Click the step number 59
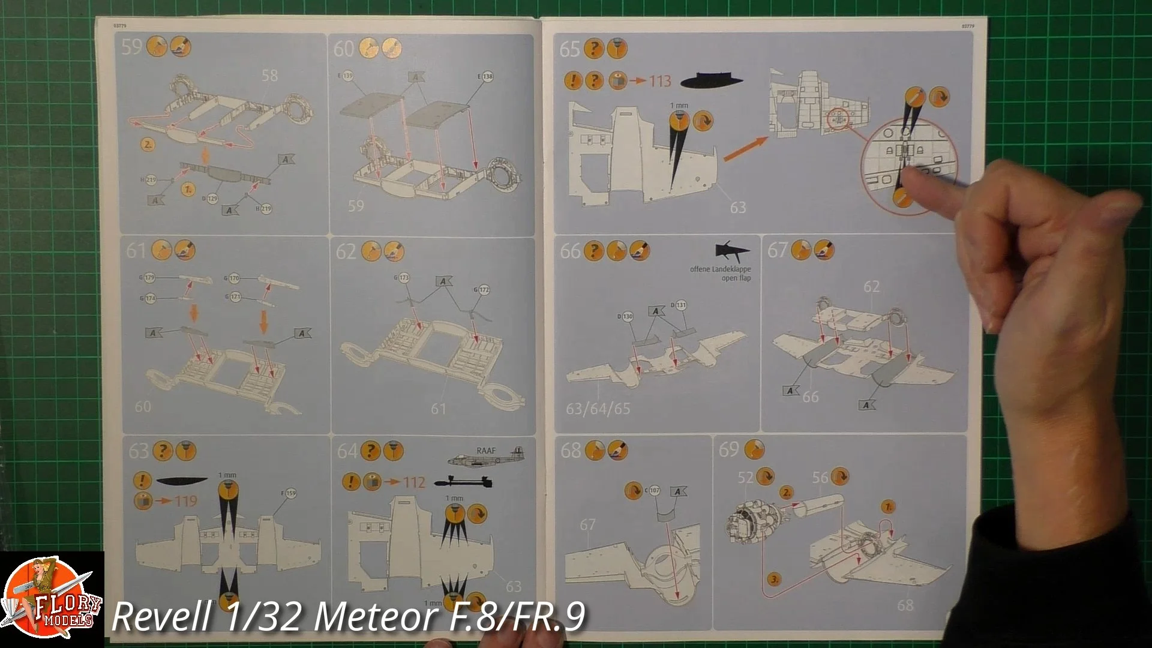click(x=131, y=47)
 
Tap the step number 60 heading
click(x=344, y=49)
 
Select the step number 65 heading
click(x=569, y=49)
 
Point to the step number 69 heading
click(x=729, y=449)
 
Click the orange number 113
click(x=660, y=80)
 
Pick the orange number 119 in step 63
click(x=185, y=500)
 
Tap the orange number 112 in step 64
click(x=414, y=482)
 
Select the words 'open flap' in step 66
click(x=736, y=278)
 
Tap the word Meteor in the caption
click(x=372, y=617)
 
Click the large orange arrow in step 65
click(x=746, y=149)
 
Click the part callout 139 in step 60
click(x=348, y=77)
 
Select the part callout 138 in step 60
click(x=487, y=77)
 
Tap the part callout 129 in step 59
click(x=212, y=199)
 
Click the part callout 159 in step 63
click(x=290, y=494)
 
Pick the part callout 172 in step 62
click(x=484, y=290)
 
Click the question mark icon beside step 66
click(x=593, y=251)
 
